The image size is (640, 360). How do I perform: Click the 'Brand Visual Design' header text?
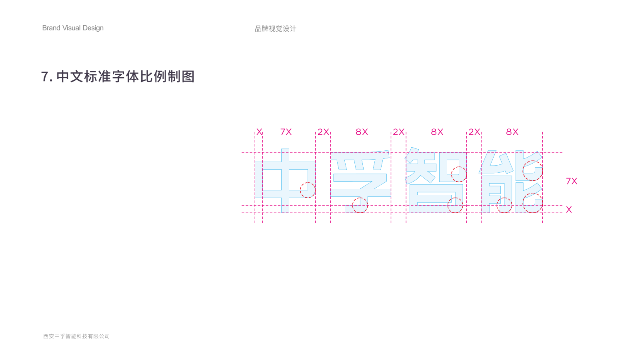coord(73,28)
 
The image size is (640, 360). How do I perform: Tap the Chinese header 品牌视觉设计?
coord(276,28)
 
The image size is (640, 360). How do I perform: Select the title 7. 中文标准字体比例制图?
coord(118,76)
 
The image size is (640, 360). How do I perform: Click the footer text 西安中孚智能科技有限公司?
coord(76,336)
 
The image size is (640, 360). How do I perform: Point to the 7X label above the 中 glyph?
coord(286,132)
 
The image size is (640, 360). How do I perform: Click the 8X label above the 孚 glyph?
coord(362,132)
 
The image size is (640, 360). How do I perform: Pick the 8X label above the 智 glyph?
coord(437,132)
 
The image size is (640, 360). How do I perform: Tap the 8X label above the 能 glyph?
coord(512,132)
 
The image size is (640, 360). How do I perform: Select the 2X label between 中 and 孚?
coord(324,132)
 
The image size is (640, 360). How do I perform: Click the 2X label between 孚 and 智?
coord(398,132)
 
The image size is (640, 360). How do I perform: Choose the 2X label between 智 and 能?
coord(474,132)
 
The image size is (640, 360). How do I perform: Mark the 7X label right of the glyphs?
coord(572,181)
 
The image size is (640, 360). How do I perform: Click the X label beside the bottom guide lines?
coord(569,210)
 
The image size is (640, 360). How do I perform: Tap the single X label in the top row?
coord(259,132)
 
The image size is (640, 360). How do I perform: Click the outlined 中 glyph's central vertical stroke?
coord(285,180)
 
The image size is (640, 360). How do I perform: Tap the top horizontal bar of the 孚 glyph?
coord(360,156)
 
